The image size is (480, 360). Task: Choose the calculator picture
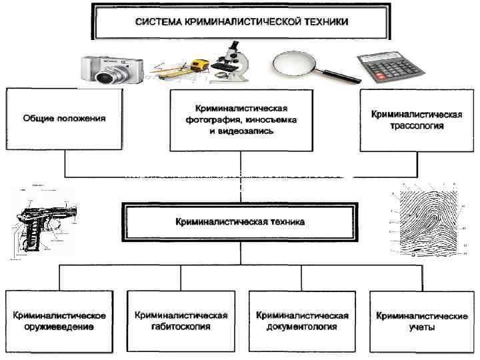(x=391, y=67)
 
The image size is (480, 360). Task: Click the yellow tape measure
(x=199, y=66)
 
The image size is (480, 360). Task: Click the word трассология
(x=417, y=125)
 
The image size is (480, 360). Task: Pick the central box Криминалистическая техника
(x=240, y=222)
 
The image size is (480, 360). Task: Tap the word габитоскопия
(x=181, y=327)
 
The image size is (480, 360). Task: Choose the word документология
(x=301, y=327)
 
